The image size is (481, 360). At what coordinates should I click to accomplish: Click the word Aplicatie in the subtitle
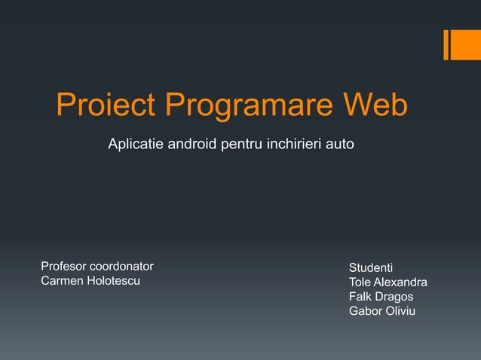[x=136, y=143]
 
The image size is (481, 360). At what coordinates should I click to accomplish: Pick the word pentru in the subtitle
[x=242, y=143]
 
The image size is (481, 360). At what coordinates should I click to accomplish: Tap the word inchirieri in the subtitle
[x=293, y=143]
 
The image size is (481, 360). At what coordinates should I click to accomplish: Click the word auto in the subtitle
[x=339, y=143]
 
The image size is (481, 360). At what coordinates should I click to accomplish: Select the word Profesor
[x=63, y=267]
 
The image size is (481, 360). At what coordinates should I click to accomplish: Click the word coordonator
[x=121, y=267]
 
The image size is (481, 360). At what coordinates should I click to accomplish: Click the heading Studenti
[x=370, y=267]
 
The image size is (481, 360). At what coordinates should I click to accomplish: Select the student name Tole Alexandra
[x=388, y=282]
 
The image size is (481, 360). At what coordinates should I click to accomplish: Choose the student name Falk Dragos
[x=381, y=297]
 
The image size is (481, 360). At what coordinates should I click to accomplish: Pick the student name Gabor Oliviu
[x=381, y=311]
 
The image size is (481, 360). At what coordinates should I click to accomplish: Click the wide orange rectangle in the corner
[x=461, y=44]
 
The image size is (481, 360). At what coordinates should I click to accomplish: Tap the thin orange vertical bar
[x=446, y=44]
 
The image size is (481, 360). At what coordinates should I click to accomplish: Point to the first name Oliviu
[x=399, y=311]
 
